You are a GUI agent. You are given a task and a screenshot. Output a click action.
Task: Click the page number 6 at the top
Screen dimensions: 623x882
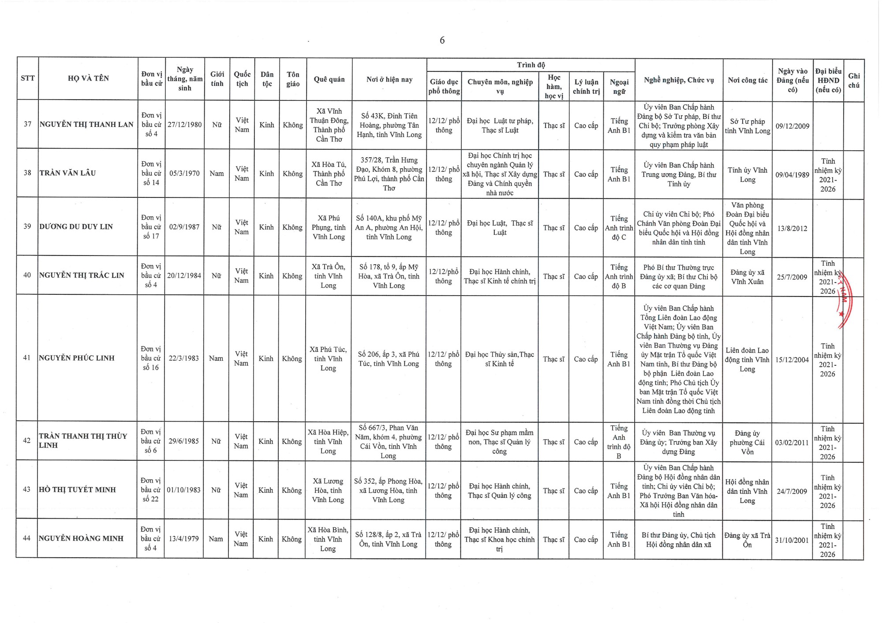coord(442,40)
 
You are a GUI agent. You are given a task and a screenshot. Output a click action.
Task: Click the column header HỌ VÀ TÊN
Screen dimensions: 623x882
coord(88,78)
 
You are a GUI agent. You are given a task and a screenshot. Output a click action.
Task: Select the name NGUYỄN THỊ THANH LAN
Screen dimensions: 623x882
coord(86,125)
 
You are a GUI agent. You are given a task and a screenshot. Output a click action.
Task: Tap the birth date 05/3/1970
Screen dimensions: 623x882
coord(184,174)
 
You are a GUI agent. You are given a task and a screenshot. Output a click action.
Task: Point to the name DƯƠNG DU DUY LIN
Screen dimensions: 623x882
coord(76,227)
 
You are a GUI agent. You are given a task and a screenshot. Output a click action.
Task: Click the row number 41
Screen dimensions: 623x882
coord(27,358)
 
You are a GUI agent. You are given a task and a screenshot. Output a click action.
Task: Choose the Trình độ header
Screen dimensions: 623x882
coord(531,65)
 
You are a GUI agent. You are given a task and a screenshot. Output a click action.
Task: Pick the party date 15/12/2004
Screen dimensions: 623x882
coord(792,360)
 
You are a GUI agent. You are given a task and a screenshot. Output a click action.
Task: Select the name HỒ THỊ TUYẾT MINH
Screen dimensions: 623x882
coord(77,490)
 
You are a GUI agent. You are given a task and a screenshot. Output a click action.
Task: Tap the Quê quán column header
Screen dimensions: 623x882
coord(329,79)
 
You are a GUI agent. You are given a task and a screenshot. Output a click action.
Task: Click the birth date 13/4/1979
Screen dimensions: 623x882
coord(184,539)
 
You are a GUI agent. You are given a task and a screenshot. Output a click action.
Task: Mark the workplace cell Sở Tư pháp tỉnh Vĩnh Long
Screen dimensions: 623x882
coord(747,126)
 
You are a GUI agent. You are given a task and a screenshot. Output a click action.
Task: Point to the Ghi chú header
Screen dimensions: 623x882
coord(854,81)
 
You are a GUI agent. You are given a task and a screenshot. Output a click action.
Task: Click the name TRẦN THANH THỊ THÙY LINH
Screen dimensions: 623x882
coord(83,441)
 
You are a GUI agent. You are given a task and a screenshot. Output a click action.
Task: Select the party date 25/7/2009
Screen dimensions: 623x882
coord(792,277)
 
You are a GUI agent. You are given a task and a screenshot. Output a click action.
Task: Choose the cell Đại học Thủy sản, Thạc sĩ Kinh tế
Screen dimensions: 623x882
coord(499,359)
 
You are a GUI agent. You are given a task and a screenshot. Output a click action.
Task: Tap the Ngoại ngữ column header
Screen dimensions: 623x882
coord(619,87)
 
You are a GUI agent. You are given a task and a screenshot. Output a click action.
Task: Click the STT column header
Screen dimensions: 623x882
coord(27,78)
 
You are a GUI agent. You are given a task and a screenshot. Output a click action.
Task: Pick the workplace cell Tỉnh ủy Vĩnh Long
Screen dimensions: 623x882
coord(747,175)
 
